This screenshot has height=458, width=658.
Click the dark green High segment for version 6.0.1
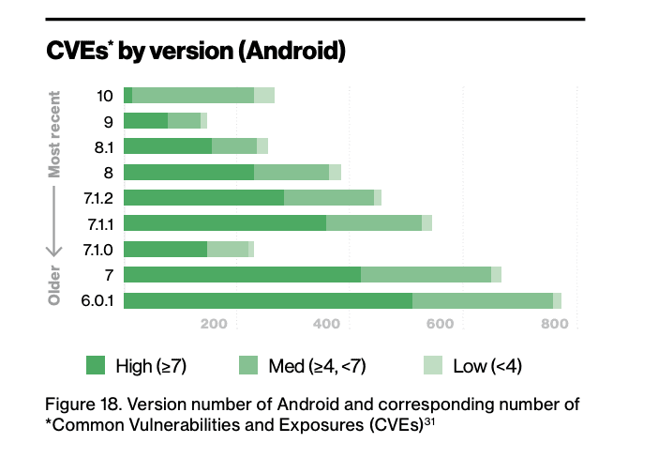point(267,300)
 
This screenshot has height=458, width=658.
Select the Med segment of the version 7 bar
point(426,274)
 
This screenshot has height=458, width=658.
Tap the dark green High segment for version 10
point(127,95)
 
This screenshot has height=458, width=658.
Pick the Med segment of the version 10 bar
point(193,95)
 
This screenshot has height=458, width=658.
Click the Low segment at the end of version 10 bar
point(264,95)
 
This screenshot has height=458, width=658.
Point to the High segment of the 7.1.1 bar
point(224,222)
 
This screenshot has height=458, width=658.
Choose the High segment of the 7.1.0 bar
point(165,249)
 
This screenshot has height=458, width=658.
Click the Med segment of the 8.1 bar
point(234,145)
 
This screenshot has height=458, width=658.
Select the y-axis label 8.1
point(104,145)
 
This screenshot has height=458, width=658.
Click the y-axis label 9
point(109,120)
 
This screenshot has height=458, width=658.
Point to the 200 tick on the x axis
point(216,325)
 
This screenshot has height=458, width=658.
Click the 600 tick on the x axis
point(440,325)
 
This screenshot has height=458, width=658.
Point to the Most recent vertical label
point(54,133)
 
